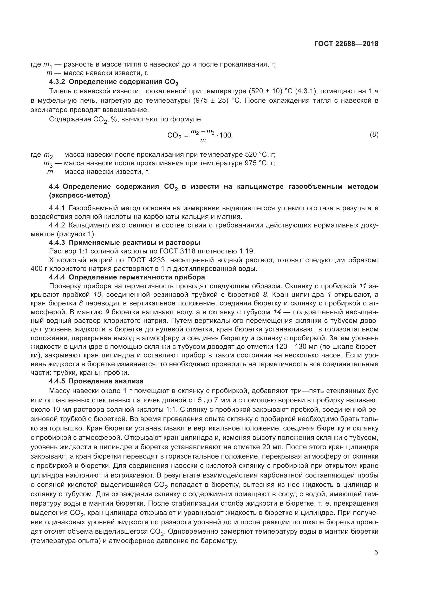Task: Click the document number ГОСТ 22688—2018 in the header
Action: point(346,44)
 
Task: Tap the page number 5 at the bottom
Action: point(376,552)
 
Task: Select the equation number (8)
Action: point(374,135)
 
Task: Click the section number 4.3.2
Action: point(57,82)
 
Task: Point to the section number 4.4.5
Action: point(57,381)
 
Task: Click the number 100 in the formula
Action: point(226,135)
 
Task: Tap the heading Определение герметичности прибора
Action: point(137,277)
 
